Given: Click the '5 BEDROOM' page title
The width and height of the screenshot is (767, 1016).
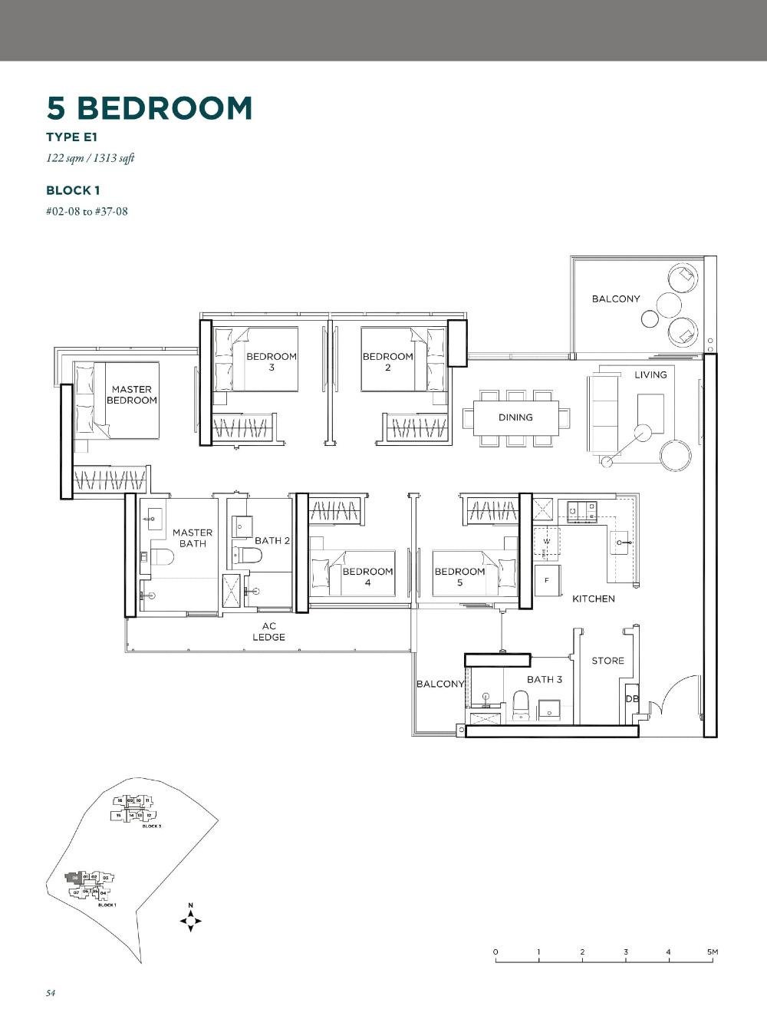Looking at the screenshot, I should pyautogui.click(x=150, y=108).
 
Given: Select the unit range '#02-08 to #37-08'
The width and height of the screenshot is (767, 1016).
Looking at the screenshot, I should pyautogui.click(x=87, y=211).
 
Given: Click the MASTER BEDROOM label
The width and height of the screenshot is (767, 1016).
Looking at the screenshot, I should pyautogui.click(x=131, y=394).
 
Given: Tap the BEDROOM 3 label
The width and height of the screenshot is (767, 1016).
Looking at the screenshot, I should pyautogui.click(x=271, y=361).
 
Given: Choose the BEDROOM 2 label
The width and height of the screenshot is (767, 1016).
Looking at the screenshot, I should pyautogui.click(x=387, y=361).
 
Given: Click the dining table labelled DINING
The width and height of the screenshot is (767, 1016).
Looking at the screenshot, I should pyautogui.click(x=515, y=417).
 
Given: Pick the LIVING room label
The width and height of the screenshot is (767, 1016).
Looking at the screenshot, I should pyautogui.click(x=650, y=374).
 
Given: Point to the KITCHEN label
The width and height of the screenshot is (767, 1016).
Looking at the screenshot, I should pyautogui.click(x=593, y=599).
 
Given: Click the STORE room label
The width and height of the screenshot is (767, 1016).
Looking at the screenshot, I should pyautogui.click(x=607, y=661).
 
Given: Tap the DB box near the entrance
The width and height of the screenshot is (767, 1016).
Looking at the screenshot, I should pyautogui.click(x=631, y=698).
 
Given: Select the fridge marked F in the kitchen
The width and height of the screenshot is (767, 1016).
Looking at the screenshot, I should pyautogui.click(x=547, y=580).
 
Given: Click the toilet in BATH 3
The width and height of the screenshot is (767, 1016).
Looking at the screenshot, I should pyautogui.click(x=521, y=704).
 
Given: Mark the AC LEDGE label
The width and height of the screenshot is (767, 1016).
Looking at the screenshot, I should pyautogui.click(x=268, y=632).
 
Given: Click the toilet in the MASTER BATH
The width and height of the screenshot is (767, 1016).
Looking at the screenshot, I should pyautogui.click(x=160, y=556).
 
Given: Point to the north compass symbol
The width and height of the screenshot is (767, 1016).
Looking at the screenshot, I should pyautogui.click(x=190, y=919).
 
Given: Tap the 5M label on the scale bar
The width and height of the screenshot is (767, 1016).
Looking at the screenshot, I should pyautogui.click(x=713, y=952).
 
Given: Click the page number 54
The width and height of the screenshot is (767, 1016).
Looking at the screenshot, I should pyautogui.click(x=51, y=992).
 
